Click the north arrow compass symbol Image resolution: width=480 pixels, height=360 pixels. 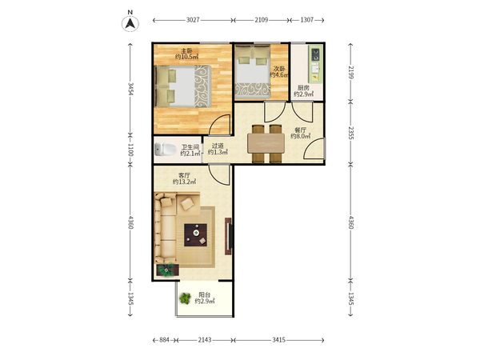click(x=130, y=23)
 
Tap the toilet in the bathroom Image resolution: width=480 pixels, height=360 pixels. click(x=165, y=150)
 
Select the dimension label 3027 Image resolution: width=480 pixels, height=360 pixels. click(x=193, y=20)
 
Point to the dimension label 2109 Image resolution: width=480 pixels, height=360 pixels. click(x=261, y=20)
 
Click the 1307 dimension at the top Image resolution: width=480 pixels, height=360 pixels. click(x=306, y=20)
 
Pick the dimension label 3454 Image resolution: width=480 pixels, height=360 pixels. click(x=130, y=89)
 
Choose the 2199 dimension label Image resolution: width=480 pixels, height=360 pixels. click(x=351, y=72)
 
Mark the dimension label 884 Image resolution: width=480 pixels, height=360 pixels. click(x=164, y=340)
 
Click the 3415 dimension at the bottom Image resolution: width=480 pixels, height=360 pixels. click(x=279, y=340)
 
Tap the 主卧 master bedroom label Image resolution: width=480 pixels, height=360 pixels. click(x=186, y=51)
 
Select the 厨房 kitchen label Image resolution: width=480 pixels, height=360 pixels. click(x=303, y=87)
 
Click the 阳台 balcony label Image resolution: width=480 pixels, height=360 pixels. click(x=205, y=295)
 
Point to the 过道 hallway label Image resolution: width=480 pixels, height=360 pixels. click(x=218, y=146)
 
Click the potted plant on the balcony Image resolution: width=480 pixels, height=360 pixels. click(x=185, y=298)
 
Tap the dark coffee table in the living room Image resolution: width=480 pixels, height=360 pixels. click(x=196, y=234)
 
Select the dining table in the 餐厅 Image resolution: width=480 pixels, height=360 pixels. click(x=266, y=142)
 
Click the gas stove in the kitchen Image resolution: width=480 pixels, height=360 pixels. click(x=315, y=54)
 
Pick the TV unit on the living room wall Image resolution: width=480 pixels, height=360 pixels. click(x=228, y=236)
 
